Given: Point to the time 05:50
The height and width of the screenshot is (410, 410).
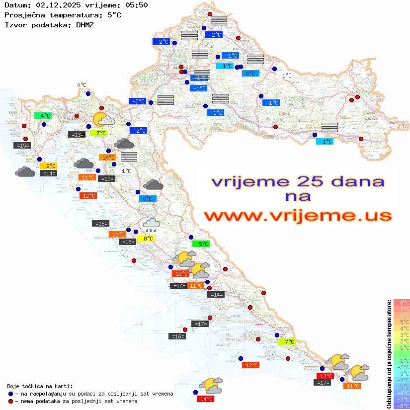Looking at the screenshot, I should [x=136, y=5].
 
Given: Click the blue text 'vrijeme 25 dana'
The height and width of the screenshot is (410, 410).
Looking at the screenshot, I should [x=297, y=181].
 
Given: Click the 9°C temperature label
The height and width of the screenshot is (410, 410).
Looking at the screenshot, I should [x=51, y=166].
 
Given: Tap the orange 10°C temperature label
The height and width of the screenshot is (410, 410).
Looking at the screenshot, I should [x=108, y=158].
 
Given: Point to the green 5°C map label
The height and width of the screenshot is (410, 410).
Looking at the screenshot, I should [x=201, y=244].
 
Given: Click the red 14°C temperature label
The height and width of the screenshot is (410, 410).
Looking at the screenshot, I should [x=205, y=399].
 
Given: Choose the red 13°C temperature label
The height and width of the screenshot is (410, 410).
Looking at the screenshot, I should [x=325, y=376].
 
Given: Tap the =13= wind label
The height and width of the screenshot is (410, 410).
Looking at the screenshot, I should [x=76, y=134].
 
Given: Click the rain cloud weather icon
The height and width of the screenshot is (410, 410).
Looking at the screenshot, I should [x=151, y=225].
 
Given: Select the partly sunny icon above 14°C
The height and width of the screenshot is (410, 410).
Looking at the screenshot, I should [x=211, y=385].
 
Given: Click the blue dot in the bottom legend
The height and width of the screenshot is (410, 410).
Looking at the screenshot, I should [x=10, y=394].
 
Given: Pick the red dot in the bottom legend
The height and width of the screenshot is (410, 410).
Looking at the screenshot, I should [x=10, y=401].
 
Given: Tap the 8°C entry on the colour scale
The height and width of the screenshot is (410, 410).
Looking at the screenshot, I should [x=402, y=302].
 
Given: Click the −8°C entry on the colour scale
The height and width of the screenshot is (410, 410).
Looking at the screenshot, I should [x=402, y=406].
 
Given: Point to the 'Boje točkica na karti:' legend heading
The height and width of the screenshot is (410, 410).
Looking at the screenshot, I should [x=40, y=386].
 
